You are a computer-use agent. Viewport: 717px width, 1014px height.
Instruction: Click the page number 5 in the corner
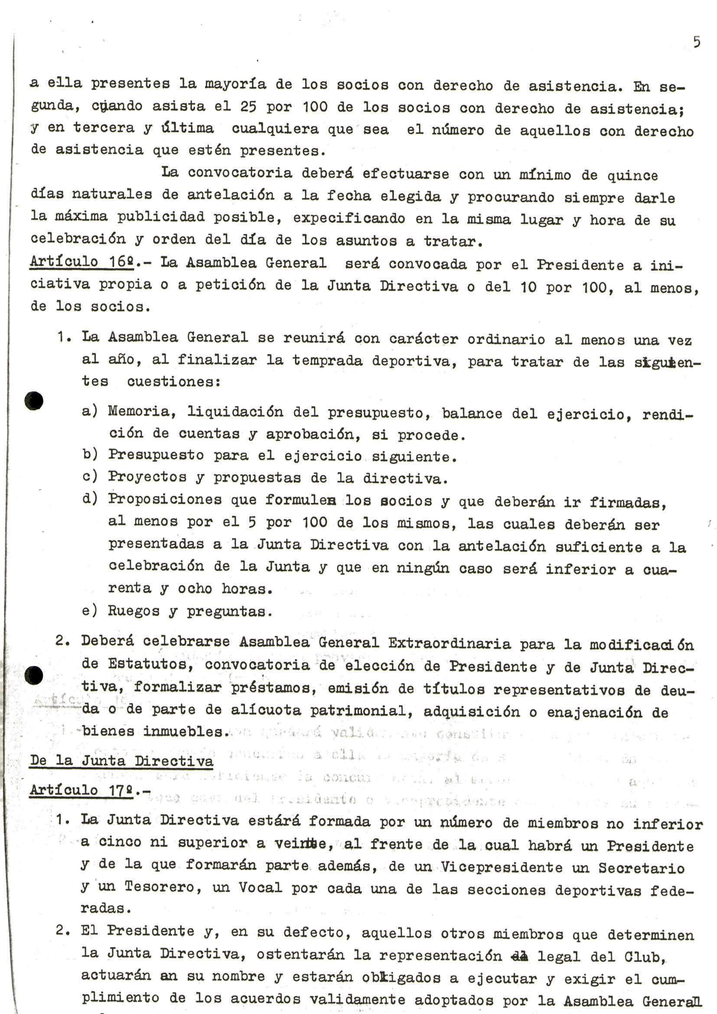[696, 42]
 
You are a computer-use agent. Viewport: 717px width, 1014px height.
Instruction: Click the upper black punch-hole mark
[33, 401]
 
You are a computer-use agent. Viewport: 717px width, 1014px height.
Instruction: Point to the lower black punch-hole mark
[33, 675]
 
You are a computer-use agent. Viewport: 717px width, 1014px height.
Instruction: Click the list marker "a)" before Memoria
[90, 411]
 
